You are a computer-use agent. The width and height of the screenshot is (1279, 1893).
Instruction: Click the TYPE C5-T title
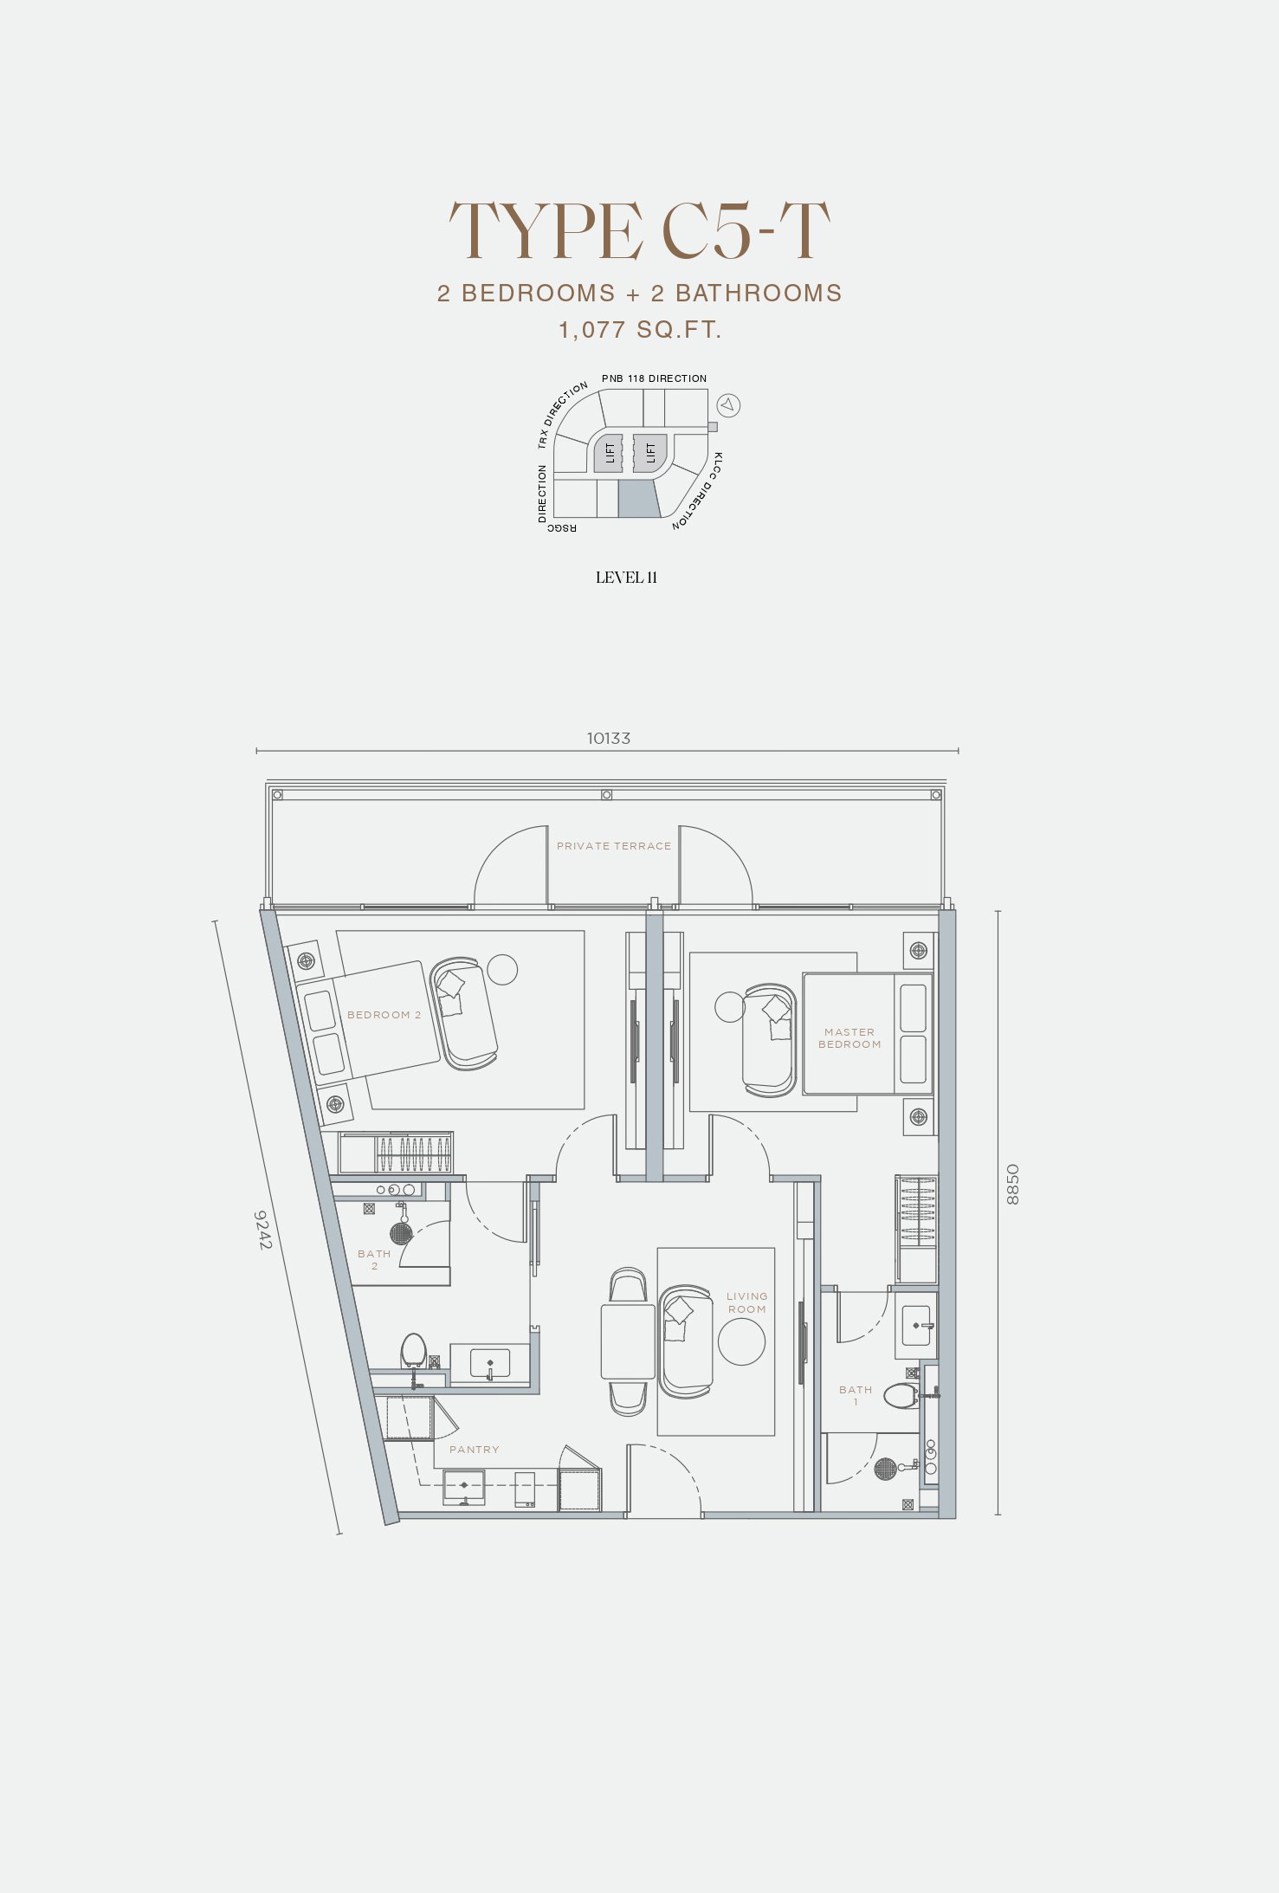coord(639,230)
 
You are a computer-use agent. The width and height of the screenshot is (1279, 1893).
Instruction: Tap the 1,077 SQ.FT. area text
coord(640,330)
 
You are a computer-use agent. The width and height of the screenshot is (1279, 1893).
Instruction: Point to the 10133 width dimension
coord(609,739)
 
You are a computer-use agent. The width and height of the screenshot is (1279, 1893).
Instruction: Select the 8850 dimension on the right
coord(1012,1185)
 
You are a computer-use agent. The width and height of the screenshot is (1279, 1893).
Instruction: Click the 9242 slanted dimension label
coord(263,1230)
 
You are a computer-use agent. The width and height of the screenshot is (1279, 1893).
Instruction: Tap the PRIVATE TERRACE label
coord(614,846)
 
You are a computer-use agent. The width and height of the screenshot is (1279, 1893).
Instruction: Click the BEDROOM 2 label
coord(384,1015)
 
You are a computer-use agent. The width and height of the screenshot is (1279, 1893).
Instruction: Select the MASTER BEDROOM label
coord(849,1038)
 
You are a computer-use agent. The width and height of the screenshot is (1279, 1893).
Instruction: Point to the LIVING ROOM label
coord(746,1303)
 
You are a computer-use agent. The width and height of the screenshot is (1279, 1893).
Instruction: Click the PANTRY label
coord(474,1450)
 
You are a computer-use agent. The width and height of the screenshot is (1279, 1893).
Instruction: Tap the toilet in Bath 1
coord(901,1395)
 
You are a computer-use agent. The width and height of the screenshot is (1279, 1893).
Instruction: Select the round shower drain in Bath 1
coord(885,1469)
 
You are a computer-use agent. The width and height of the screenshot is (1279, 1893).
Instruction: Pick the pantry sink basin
coord(464,1486)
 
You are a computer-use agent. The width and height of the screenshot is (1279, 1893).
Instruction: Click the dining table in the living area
coord(628,1341)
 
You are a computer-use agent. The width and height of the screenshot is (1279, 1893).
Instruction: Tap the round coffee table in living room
coord(741,1341)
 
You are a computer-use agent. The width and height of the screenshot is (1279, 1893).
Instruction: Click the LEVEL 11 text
coord(626,578)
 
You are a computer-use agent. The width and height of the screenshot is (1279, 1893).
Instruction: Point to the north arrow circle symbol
coord(728,404)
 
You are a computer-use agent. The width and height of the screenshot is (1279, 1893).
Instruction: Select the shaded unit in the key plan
coord(638,499)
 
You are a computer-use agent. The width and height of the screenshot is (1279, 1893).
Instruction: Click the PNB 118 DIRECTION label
coord(654,378)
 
